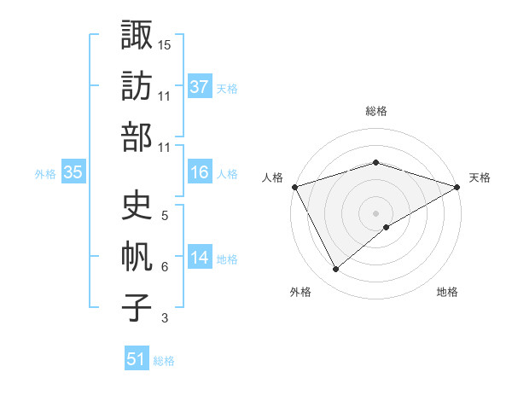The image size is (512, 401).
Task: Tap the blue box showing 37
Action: (x=199, y=86)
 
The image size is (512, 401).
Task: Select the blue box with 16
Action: (x=199, y=172)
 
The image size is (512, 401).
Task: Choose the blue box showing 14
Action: (x=199, y=258)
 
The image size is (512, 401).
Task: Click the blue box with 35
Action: (x=73, y=172)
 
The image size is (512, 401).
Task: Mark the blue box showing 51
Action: (x=137, y=359)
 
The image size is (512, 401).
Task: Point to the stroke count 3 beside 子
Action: (x=164, y=319)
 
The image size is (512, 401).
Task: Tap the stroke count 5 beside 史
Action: (x=164, y=215)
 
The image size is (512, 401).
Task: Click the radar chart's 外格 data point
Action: (x=335, y=270)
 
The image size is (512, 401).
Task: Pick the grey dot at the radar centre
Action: (x=376, y=212)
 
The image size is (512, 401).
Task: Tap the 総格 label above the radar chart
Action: (x=376, y=111)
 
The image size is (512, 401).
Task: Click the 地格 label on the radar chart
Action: (x=447, y=293)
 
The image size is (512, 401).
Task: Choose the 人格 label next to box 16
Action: (x=227, y=174)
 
